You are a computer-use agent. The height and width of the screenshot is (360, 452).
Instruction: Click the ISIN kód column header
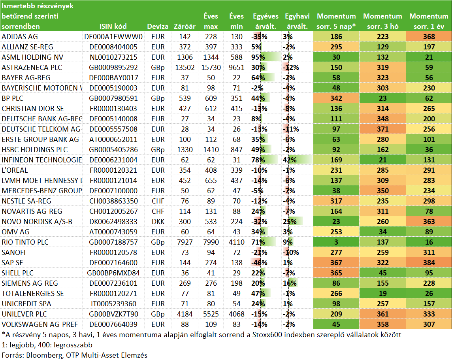pos(113,26)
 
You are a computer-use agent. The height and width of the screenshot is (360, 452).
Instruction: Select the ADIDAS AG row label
pos(20,37)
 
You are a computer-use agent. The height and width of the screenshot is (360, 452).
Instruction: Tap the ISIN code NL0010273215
pos(113,57)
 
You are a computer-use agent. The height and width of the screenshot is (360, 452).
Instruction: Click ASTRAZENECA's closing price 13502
pos(185,68)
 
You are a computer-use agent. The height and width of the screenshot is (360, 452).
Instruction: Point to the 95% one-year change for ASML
pos(258,57)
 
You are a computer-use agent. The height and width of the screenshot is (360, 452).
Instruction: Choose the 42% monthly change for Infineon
pos(290,160)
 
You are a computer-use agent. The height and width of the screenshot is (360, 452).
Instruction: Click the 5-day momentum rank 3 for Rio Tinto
pos(336,242)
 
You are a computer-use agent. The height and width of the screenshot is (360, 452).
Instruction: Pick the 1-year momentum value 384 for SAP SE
pos(429,262)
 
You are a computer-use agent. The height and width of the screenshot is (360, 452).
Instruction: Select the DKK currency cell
pos(158,222)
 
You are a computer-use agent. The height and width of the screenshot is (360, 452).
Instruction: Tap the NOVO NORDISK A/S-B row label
pos(37,222)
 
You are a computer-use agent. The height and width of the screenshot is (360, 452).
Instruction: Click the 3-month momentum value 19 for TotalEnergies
pos(382,294)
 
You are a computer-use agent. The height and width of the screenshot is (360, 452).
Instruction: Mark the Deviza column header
pos(158,26)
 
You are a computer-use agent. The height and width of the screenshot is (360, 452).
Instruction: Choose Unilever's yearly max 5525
pos(211,314)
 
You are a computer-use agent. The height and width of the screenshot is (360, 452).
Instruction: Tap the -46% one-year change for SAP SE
pos(259,262)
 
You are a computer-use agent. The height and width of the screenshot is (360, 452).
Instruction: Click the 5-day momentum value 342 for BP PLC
pos(336,98)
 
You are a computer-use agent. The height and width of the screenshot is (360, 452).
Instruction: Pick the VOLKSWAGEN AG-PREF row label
pos(40,324)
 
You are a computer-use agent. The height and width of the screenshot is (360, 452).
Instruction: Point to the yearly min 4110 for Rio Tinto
pos(236,242)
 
